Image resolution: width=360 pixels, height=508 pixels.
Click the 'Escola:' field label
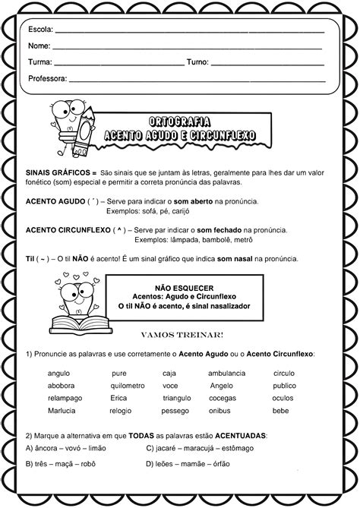[40, 30]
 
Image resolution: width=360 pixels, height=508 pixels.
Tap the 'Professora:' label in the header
[48, 78]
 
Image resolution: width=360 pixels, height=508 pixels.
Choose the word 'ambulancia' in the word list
[227, 374]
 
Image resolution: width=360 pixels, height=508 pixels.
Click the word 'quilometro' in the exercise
[127, 386]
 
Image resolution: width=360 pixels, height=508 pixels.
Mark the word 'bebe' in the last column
[281, 410]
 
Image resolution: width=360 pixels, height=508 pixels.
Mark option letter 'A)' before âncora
[30, 448]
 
